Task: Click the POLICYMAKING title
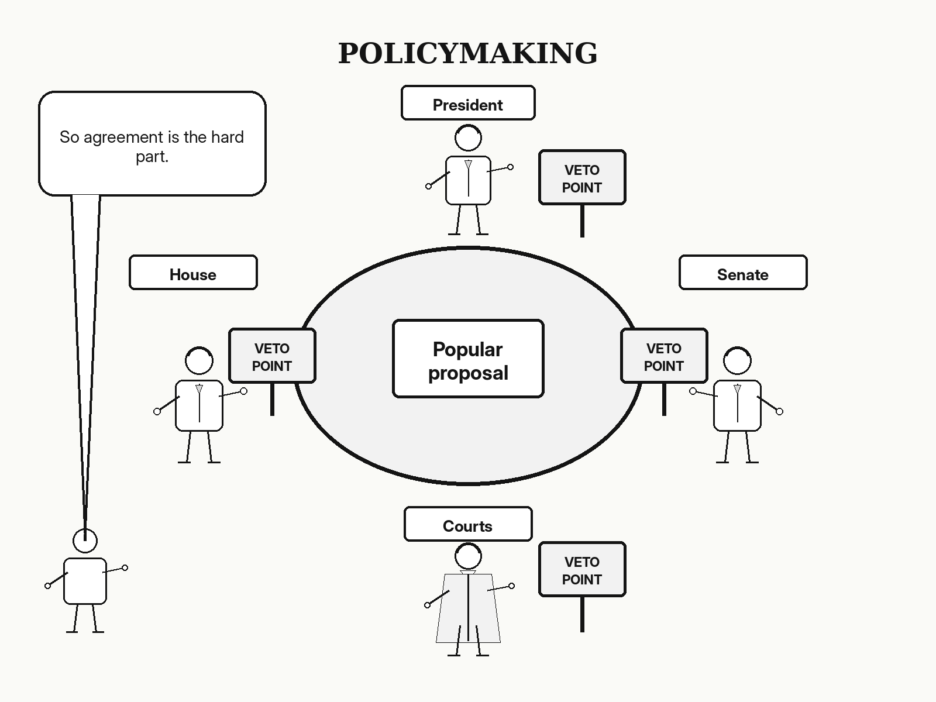468,53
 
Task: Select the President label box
468,103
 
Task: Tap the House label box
193,273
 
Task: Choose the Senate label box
743,273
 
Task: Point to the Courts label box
468,524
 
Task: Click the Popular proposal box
468,359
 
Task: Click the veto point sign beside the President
582,177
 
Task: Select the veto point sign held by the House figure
272,356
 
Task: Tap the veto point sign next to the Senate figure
664,356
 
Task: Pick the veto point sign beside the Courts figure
582,569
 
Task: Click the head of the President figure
468,137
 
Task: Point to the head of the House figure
199,360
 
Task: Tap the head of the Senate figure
737,360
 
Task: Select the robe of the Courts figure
468,608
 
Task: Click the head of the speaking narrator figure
85,541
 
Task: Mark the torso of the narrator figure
85,581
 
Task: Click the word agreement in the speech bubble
123,137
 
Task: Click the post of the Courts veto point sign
582,614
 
